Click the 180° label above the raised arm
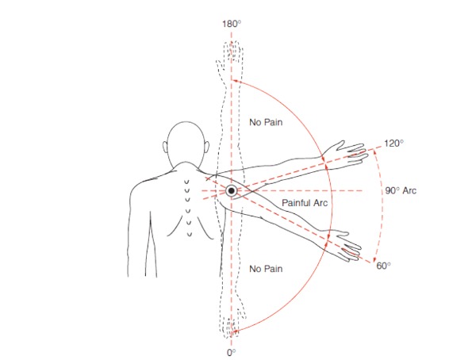pos(232,24)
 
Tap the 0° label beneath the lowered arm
pos(232,353)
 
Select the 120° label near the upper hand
pos(393,144)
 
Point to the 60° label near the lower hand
pos(383,266)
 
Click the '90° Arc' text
pos(401,190)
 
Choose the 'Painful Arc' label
pos(305,203)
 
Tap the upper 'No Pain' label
pos(266,122)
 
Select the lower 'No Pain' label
pos(266,269)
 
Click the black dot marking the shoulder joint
pos(232,191)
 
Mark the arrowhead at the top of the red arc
pos(235,81)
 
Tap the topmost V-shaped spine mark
pos(187,182)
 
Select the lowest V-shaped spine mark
pos(190,234)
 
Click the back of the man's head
pos(186,143)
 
